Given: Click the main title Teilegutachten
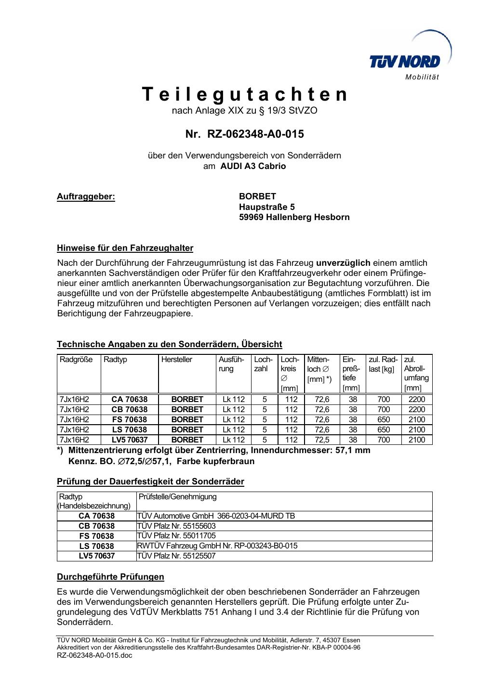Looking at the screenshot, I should [x=245, y=94].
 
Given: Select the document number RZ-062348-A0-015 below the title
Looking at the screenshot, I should [x=245, y=134].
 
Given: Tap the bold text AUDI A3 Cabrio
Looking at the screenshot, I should [x=253, y=166].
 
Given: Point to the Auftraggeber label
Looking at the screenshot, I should [x=86, y=196].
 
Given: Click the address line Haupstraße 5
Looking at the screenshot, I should [x=267, y=207].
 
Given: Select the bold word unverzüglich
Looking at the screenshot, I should [x=343, y=262].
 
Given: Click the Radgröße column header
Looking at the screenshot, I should [x=76, y=360].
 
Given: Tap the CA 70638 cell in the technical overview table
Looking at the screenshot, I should [x=130, y=399].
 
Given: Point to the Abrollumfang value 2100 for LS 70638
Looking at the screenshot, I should [x=416, y=429].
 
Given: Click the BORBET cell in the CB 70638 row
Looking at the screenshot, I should [x=187, y=409].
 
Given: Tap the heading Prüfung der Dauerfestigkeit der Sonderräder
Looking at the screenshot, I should [x=150, y=481].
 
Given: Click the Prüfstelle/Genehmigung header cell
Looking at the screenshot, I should [x=177, y=496].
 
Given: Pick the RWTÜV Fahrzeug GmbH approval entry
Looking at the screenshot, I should [x=217, y=546].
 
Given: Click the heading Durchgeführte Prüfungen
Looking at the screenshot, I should [x=110, y=576].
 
